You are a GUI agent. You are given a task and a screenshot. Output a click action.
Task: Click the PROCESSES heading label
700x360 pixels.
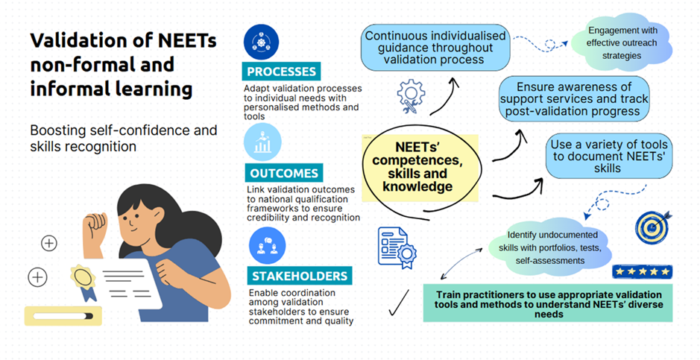coord(281,72)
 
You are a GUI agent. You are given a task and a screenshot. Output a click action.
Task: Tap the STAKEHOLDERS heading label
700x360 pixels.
coord(299,276)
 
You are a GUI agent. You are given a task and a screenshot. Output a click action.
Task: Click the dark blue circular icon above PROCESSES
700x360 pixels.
coord(261,42)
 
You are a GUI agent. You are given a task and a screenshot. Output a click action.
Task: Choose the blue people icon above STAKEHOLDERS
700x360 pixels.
coord(268,245)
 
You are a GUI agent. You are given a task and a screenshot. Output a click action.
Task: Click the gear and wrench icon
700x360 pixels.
coord(411,95)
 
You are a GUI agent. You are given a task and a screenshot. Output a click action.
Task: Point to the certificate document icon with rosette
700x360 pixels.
coord(397,247)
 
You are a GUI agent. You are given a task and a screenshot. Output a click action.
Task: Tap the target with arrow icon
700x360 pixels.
coord(653,227)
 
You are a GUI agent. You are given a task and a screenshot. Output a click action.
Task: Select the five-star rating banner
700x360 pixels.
coord(642,271)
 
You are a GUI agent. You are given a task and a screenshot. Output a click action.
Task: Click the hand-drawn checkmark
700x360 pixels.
coord(398,303)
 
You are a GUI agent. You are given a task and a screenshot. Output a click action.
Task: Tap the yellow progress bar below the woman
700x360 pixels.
coord(63,316)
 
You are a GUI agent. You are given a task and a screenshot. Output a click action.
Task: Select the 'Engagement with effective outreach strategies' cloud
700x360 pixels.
coord(622,43)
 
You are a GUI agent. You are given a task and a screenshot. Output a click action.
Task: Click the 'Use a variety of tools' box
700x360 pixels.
coord(609,156)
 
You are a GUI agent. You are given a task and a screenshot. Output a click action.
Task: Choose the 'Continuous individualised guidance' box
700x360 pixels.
coord(435,47)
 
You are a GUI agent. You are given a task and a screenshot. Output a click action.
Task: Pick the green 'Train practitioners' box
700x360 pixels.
coord(548,303)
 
